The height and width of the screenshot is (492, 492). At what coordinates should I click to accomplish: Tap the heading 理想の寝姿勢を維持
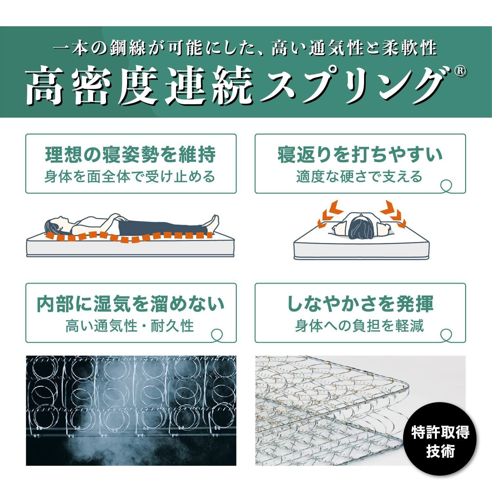click(131, 154)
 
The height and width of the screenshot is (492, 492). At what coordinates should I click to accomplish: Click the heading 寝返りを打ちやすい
click(360, 154)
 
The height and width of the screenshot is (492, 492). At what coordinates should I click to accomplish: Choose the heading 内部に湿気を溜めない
click(131, 304)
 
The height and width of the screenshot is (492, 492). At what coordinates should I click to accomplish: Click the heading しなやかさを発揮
click(360, 304)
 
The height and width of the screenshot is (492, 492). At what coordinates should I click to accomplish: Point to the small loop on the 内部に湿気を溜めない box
click(216, 335)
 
